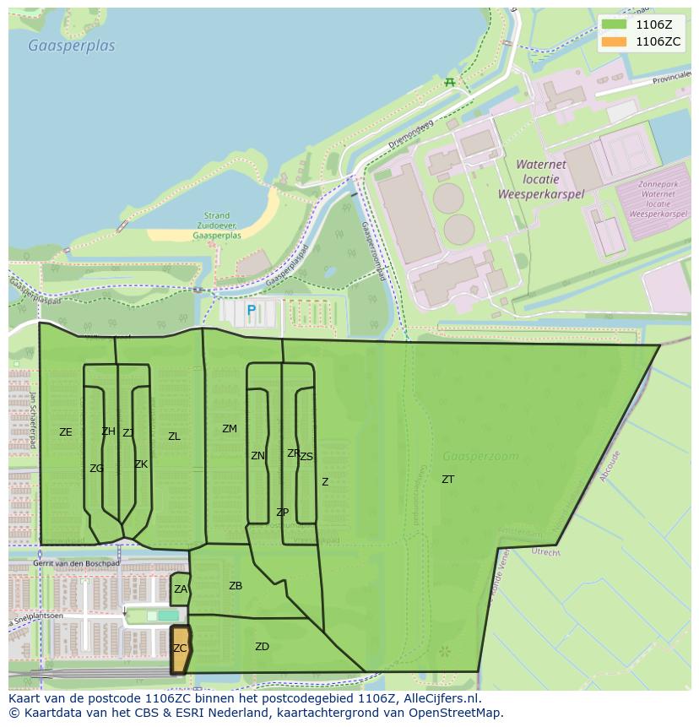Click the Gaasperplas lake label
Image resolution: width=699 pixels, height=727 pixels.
71,46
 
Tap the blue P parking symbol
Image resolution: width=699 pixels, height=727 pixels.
251,311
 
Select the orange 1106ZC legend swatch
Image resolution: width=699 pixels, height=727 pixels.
615,41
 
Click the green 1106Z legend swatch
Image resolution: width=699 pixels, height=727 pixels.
615,24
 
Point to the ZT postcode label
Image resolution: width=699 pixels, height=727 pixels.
447,480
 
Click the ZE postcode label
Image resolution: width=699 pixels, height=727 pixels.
66,432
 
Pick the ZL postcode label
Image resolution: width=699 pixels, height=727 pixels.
174,437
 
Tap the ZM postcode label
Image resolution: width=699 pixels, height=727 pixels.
230,429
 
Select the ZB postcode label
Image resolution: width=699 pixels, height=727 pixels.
236,586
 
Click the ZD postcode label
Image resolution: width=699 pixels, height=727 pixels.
262,647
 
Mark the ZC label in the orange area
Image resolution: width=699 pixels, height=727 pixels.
180,648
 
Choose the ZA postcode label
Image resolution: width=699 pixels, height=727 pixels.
181,589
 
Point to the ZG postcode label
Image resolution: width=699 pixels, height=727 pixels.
96,469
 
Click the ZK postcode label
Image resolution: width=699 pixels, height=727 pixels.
141,464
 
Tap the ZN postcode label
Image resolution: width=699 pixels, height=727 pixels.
257,456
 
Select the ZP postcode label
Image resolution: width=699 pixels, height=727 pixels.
282,513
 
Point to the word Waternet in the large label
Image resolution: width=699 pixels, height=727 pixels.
540,165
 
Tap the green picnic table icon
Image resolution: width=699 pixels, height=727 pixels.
450,82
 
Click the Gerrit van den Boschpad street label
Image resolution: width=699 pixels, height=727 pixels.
76,562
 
